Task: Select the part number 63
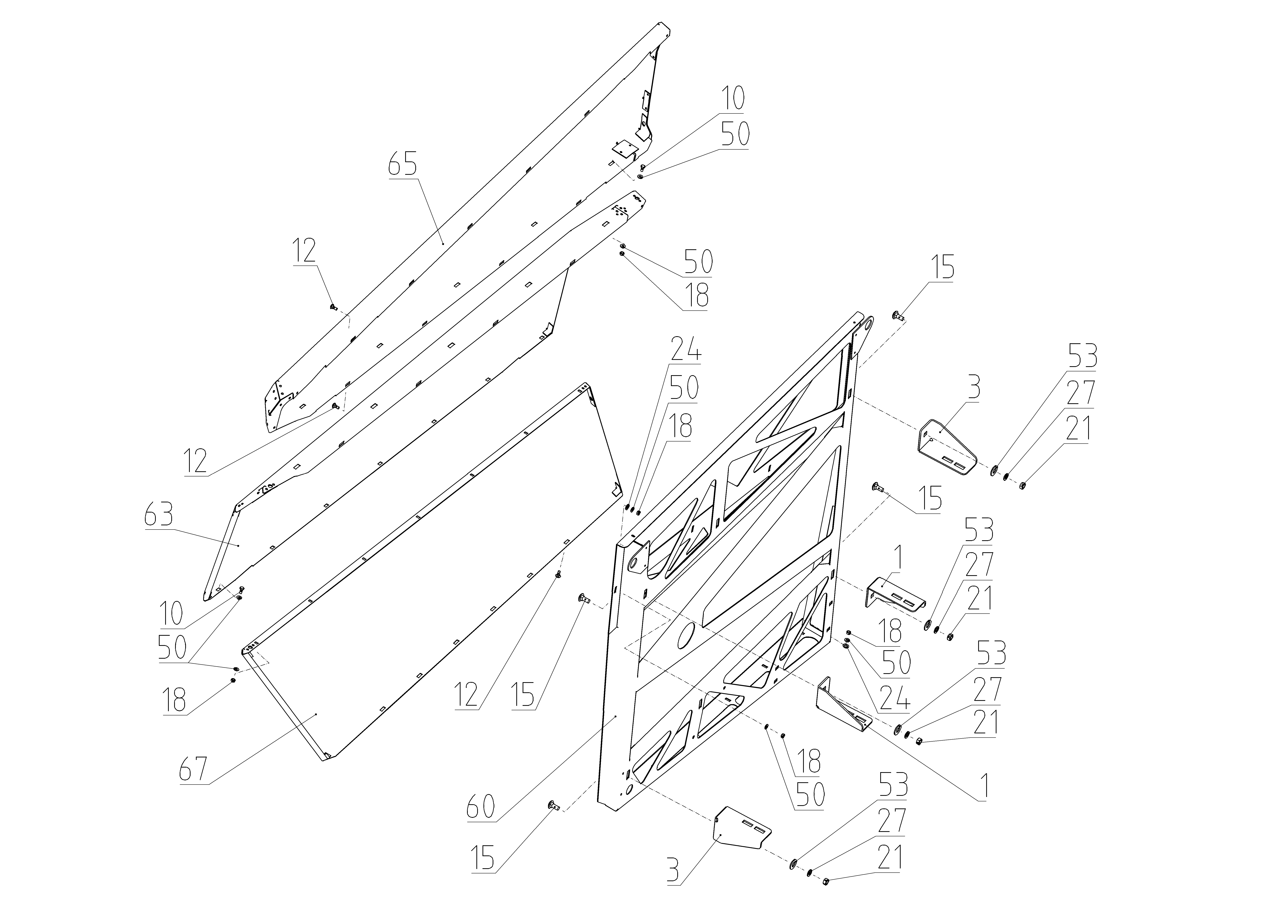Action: (x=158, y=514)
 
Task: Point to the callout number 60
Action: (x=481, y=807)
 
